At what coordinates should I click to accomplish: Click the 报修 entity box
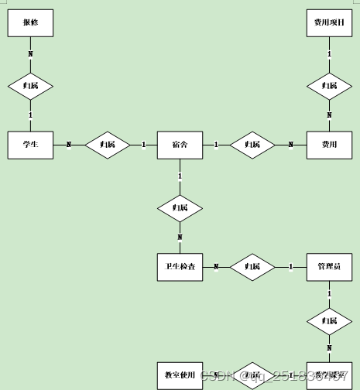tap(30, 23)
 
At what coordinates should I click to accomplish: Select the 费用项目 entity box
tap(329, 23)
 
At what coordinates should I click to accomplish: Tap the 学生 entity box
tap(30, 145)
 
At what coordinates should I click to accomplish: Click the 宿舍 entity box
tap(180, 145)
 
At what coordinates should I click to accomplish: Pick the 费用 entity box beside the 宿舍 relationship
tap(329, 145)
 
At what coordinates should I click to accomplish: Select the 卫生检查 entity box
tap(180, 267)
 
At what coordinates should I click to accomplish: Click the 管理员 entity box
tap(329, 267)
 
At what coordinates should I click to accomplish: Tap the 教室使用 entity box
tap(180, 375)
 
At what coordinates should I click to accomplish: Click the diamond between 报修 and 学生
tap(30, 84)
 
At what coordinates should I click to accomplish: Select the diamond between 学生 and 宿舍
tap(107, 145)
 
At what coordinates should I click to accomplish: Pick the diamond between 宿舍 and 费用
tap(252, 145)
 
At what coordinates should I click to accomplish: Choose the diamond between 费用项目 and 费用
tap(329, 84)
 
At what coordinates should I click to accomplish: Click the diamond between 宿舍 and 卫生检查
tap(180, 207)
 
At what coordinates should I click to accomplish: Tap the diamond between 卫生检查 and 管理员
tap(252, 267)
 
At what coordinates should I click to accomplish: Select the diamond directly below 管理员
tap(329, 320)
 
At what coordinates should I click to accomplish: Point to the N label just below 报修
tap(30, 53)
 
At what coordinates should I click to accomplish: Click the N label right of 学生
tap(68, 145)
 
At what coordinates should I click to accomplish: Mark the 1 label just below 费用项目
tap(329, 53)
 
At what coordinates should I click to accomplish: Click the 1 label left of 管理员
tap(290, 267)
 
